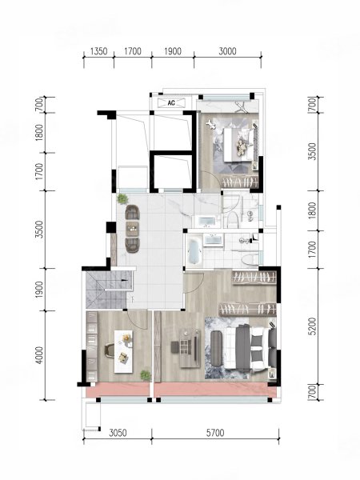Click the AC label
click(x=171, y=103)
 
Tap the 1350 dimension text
click(x=99, y=51)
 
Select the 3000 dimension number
click(x=227, y=51)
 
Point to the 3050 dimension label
click(x=118, y=433)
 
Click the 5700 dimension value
click(x=215, y=433)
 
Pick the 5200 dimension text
click(x=313, y=326)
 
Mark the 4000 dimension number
click(x=39, y=355)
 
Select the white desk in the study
click(x=124, y=351)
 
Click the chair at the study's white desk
click(x=110, y=350)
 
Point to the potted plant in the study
click(x=146, y=375)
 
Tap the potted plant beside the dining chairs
click(x=122, y=198)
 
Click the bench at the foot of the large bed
click(x=217, y=348)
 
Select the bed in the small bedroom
click(x=240, y=144)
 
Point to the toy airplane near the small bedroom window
click(x=241, y=106)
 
